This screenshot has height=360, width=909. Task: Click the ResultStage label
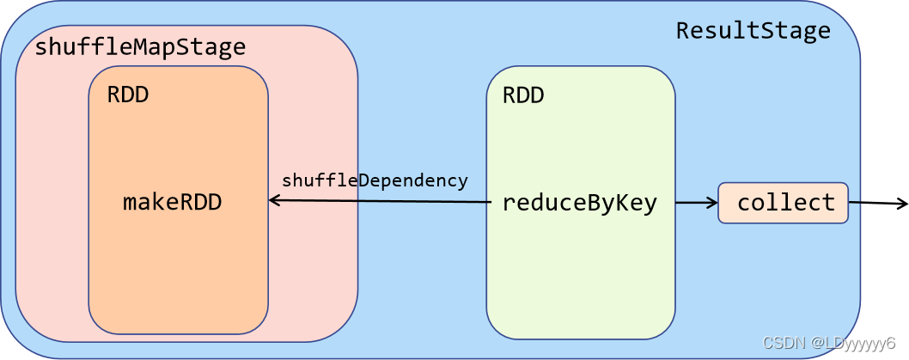click(753, 31)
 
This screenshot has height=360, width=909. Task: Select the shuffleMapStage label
click(140, 47)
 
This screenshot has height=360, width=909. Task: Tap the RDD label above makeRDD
click(128, 95)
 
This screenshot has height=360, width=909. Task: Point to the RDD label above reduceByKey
click(523, 95)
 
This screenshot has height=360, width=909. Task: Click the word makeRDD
click(173, 202)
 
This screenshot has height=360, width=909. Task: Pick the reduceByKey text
click(580, 204)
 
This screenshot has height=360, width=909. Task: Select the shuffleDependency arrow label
click(375, 181)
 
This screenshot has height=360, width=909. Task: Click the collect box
click(784, 203)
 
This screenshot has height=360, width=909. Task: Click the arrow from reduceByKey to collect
click(696, 203)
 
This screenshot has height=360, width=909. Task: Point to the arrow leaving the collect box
click(878, 203)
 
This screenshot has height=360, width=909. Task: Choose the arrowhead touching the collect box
click(712, 203)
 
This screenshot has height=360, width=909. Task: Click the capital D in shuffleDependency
click(363, 180)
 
